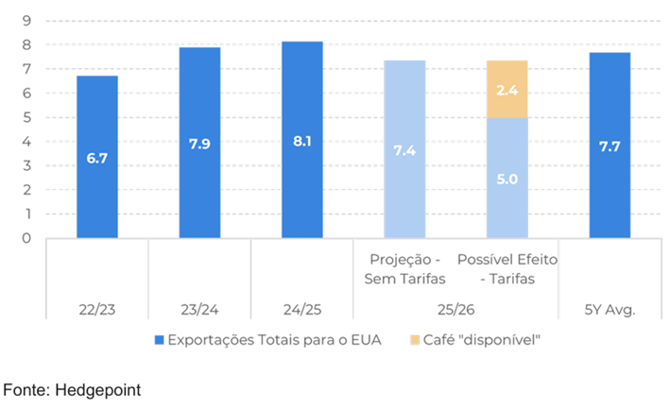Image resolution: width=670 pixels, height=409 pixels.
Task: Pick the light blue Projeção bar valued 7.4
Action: (404, 149)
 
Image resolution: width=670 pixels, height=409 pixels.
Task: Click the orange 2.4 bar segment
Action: (507, 89)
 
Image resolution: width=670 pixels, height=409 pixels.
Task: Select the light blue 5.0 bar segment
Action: (507, 178)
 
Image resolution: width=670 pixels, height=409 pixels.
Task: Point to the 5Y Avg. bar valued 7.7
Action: (610, 145)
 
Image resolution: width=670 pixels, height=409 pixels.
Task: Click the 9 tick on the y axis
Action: (27, 21)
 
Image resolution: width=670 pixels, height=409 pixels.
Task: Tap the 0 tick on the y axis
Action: (27, 238)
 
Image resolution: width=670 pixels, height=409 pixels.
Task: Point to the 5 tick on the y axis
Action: (27, 117)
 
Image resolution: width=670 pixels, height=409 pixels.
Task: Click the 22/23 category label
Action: (97, 308)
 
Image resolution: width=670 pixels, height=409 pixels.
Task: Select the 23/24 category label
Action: (199, 308)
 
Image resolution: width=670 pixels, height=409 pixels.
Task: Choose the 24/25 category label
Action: (301, 308)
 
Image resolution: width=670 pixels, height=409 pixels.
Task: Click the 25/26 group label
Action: (455, 308)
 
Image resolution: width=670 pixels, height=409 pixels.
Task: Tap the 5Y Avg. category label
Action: (610, 308)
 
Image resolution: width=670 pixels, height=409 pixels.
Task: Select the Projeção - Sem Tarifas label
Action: (404, 269)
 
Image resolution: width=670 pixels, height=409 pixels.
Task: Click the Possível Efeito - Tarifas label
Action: (507, 269)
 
